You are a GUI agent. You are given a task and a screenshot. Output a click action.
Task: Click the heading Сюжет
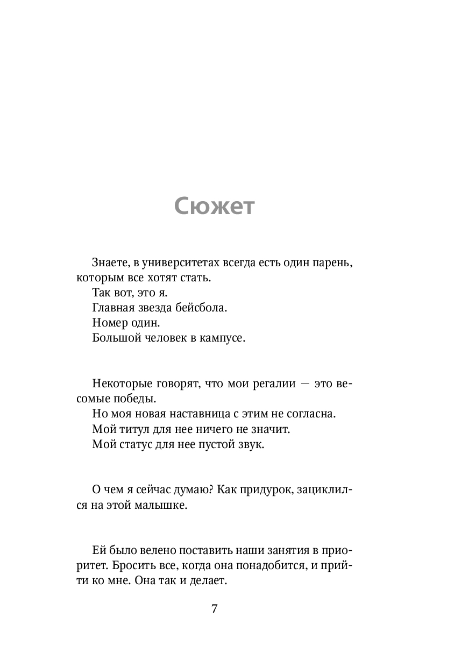tap(214, 205)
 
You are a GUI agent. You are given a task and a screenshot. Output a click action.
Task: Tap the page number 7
tap(215, 609)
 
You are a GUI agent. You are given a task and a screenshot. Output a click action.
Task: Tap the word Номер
tap(110, 323)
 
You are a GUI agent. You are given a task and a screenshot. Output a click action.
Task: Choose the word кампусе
tap(221, 338)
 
